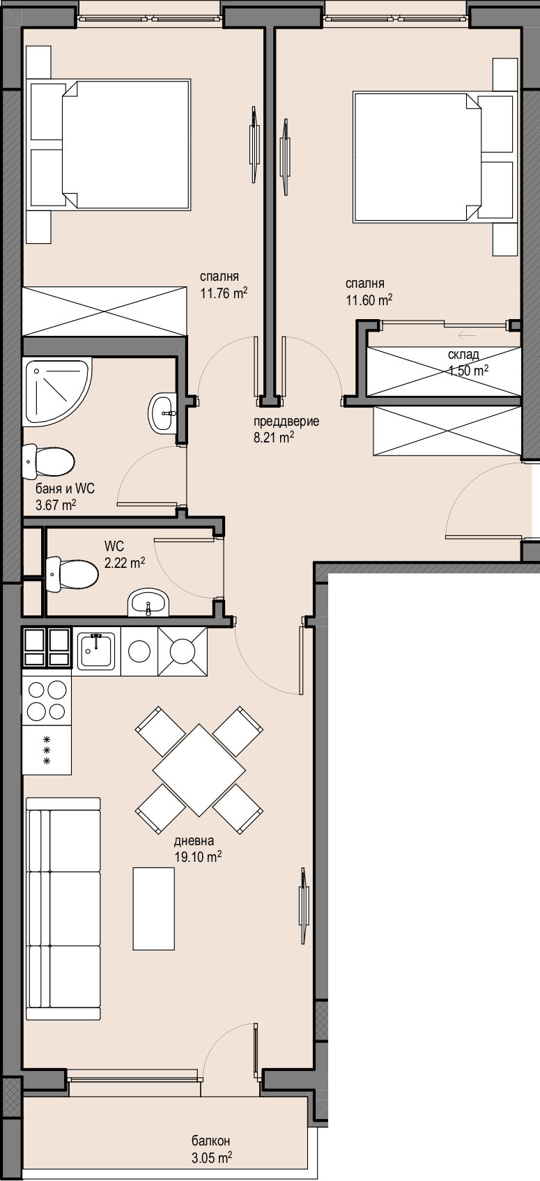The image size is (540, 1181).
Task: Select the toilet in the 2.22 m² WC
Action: point(72,574)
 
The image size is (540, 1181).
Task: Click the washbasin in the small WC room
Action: point(148,602)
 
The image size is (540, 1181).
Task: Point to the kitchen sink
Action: point(97,651)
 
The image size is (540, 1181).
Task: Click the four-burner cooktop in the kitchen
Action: point(47,701)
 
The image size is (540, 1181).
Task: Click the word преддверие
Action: point(286,422)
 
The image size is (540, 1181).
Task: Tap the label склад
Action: point(463,354)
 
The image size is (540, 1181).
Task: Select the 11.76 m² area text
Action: point(224,293)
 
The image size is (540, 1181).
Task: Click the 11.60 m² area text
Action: point(369,300)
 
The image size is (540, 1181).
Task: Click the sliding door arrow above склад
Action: point(468,335)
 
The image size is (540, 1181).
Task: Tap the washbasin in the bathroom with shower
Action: point(163,412)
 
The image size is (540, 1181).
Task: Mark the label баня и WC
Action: point(65,488)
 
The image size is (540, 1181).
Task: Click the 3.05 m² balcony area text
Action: point(211,1157)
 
